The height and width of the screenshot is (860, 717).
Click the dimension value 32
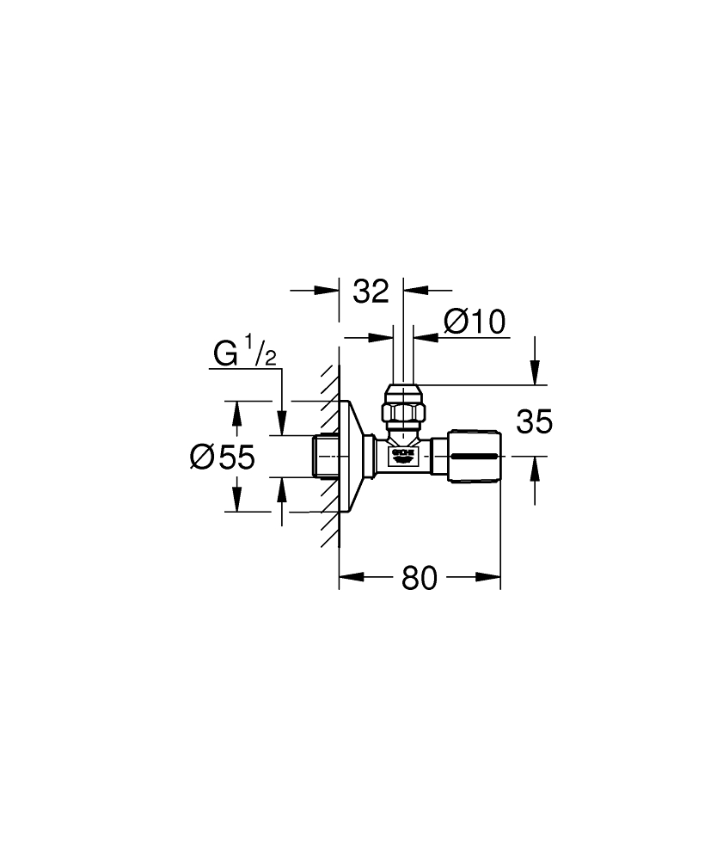pyautogui.click(x=371, y=292)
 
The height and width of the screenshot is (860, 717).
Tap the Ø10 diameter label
pyautogui.click(x=474, y=322)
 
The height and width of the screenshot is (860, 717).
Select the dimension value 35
pyautogui.click(x=534, y=421)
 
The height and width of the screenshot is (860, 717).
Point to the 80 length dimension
pyautogui.click(x=420, y=579)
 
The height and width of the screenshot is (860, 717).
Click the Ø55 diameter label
pyautogui.click(x=222, y=457)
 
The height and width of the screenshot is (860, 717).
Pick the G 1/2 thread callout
pyautogui.click(x=245, y=353)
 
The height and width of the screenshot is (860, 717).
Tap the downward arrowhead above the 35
pyautogui.click(x=535, y=375)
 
